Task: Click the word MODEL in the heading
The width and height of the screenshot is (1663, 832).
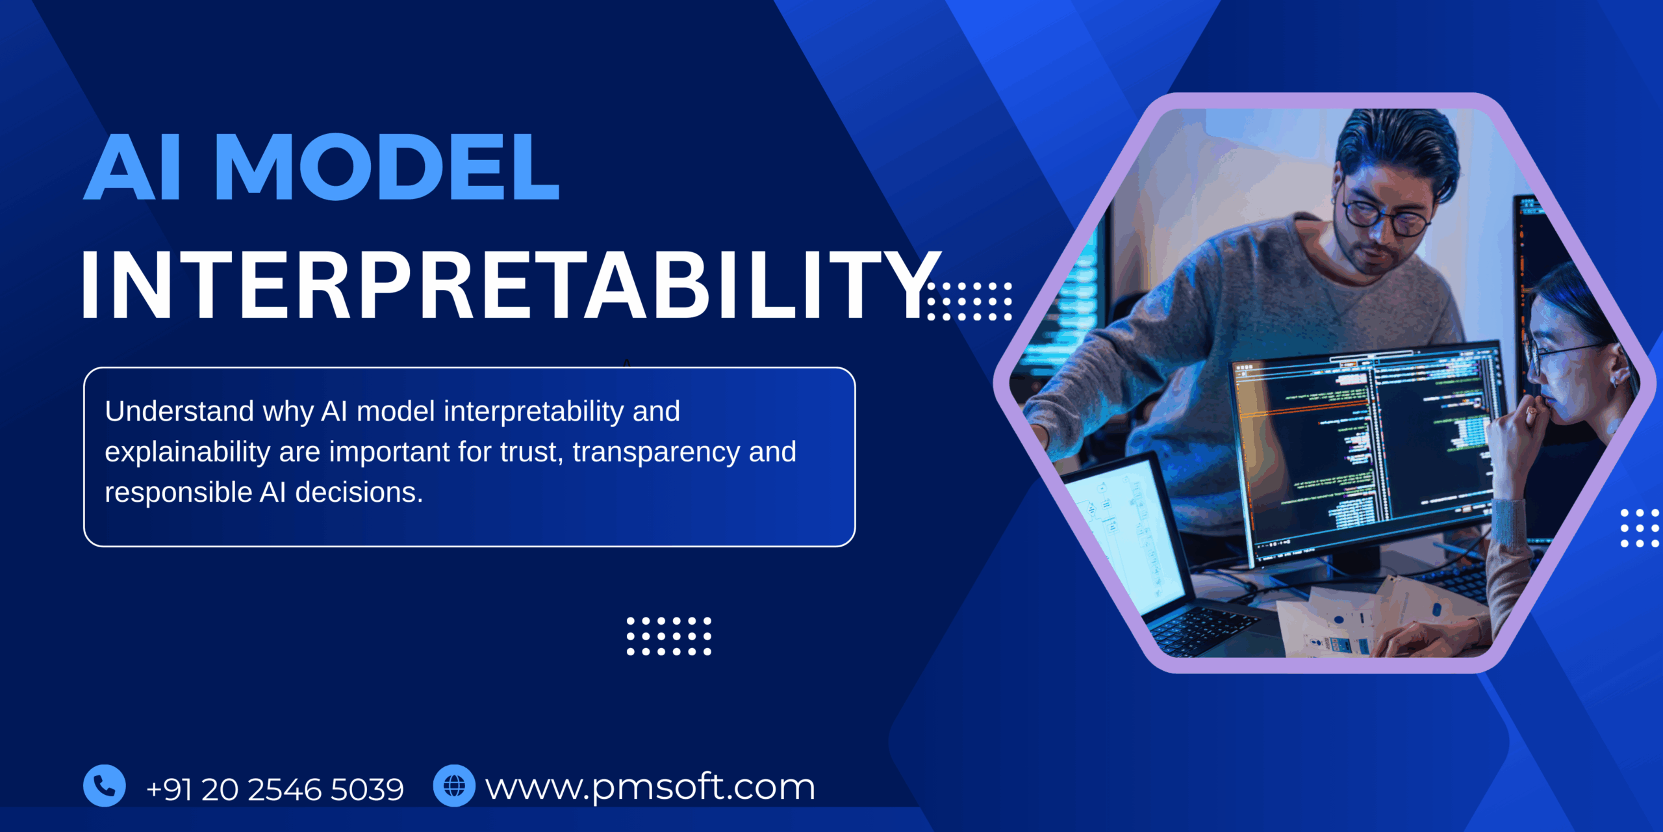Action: click(x=388, y=167)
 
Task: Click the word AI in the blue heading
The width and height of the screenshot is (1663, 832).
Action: click(x=133, y=167)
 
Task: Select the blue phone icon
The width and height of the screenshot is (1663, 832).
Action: click(x=105, y=786)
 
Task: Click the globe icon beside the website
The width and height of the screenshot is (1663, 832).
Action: click(x=454, y=786)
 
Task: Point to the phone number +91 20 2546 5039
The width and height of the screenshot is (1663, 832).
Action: click(x=275, y=790)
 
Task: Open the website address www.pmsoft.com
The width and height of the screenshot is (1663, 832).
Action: click(x=650, y=788)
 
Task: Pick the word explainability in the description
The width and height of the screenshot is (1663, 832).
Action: click(x=187, y=452)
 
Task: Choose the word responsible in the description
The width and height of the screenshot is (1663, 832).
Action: click(x=179, y=493)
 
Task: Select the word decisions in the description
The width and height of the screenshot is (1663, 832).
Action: click(x=359, y=493)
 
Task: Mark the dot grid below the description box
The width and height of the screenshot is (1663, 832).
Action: click(x=668, y=636)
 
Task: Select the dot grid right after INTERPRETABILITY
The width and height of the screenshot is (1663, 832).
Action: click(x=969, y=302)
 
